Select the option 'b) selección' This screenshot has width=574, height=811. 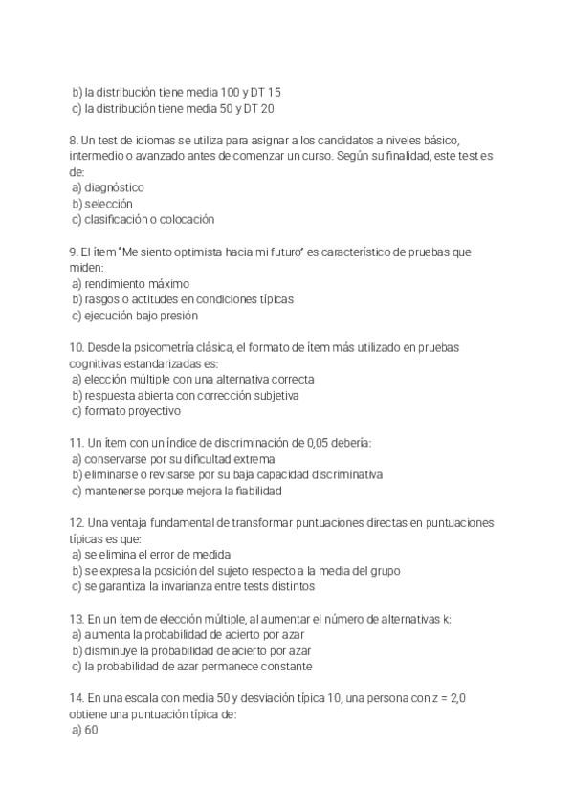tap(101, 204)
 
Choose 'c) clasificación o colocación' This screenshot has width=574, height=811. tap(143, 220)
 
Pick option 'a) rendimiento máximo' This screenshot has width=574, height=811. tap(130, 284)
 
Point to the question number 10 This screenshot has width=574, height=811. tap(77, 347)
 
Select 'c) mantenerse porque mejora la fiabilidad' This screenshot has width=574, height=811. tap(176, 492)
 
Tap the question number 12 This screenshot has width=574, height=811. tap(77, 523)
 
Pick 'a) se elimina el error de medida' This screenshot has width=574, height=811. tap(151, 555)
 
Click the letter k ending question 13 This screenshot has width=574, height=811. tap(448, 619)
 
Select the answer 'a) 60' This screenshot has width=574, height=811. tap(85, 731)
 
